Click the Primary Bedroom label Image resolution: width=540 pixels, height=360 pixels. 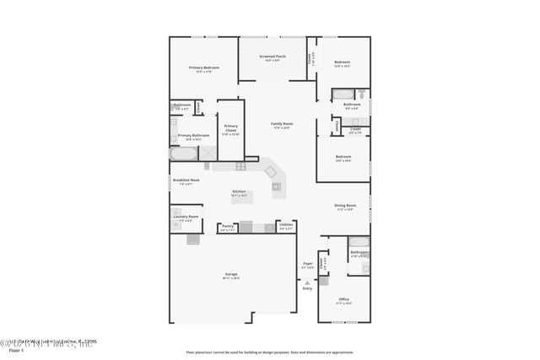tap(204, 67)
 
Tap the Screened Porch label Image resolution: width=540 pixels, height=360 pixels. tap(272, 56)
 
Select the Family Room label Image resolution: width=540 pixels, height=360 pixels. tap(281, 124)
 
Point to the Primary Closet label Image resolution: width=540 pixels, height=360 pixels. tap(230, 128)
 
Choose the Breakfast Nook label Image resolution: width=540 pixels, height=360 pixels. tap(186, 180)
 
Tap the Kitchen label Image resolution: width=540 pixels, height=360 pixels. tap(240, 191)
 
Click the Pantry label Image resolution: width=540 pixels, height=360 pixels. tap(228, 225)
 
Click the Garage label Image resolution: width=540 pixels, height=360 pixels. tap(230, 275)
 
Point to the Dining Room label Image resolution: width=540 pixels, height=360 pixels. tap(345, 206)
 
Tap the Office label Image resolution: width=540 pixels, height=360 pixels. tap(343, 299)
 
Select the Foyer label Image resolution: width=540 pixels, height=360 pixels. tap(307, 264)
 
